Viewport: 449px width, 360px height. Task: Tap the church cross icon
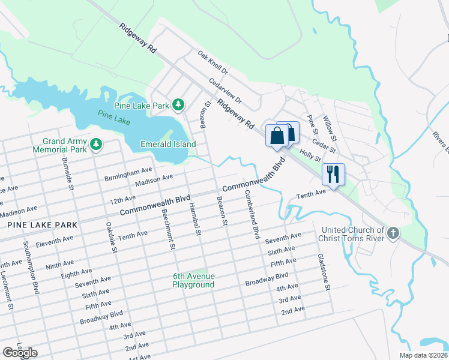click(393, 232)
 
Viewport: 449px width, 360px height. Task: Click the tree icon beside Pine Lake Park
click(178, 106)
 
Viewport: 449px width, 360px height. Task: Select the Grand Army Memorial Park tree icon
click(95, 145)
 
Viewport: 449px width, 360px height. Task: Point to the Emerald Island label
click(168, 144)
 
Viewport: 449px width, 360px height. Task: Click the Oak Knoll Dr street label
click(213, 62)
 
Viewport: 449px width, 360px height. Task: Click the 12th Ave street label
click(122, 199)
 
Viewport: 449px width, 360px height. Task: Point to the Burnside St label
click(67, 175)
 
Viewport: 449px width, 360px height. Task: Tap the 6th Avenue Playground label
click(193, 280)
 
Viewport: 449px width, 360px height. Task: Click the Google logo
click(20, 352)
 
